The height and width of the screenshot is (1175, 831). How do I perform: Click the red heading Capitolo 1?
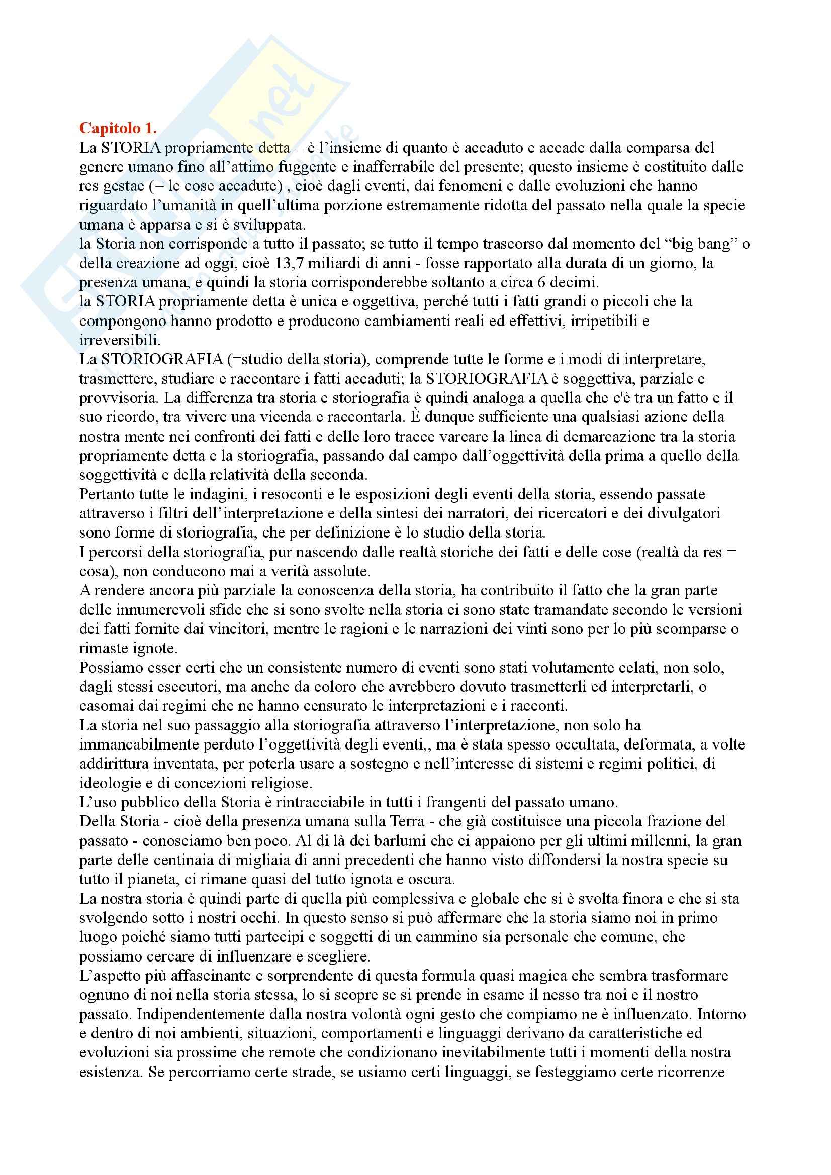[118, 128]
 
